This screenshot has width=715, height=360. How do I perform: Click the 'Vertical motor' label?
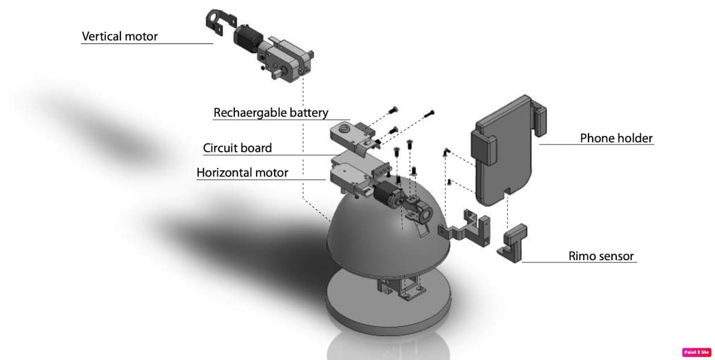click(119, 37)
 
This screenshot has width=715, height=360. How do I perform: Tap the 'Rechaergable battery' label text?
click(271, 113)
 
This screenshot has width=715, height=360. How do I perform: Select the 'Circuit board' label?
click(237, 148)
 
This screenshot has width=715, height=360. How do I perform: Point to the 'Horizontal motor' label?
click(242, 173)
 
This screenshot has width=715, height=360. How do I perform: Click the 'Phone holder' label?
click(616, 138)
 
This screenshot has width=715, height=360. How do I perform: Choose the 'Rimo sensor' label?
click(601, 256)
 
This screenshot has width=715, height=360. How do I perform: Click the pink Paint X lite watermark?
click(697, 352)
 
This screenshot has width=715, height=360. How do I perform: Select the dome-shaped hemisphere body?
click(387, 232)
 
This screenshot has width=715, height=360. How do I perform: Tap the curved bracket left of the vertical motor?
click(220, 22)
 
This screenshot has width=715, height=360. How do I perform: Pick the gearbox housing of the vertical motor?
click(285, 58)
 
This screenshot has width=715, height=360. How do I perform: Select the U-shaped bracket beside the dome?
click(465, 228)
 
